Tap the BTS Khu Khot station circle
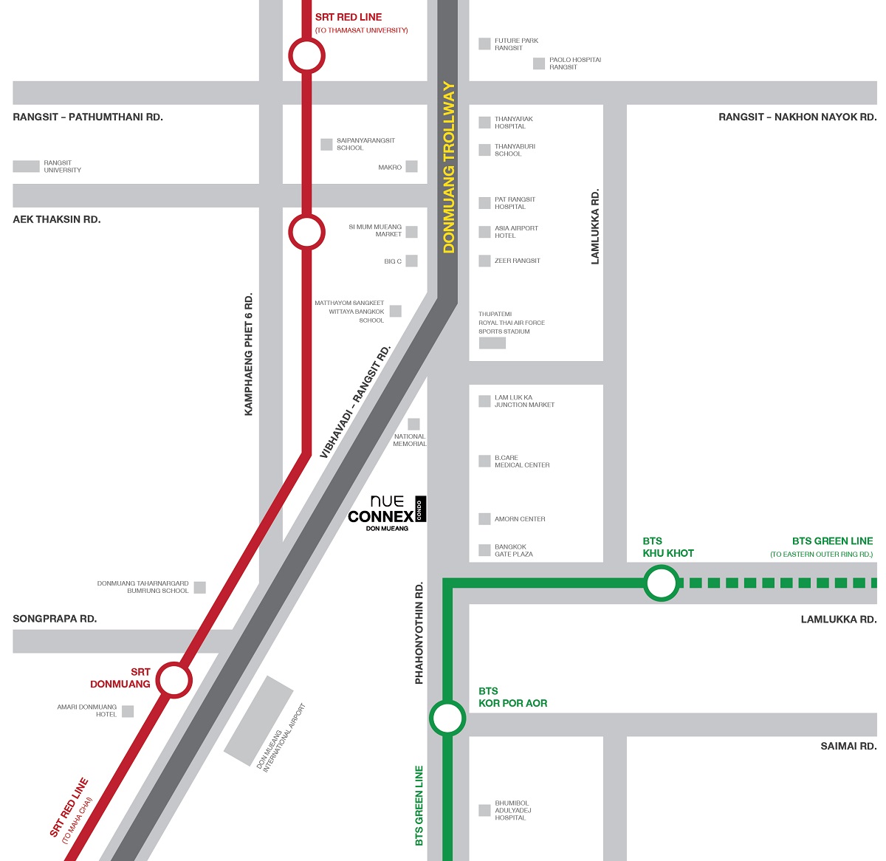[662, 583]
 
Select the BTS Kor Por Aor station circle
[447, 718]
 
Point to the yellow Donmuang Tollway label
[449, 168]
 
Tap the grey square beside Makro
[411, 167]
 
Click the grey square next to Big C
[411, 261]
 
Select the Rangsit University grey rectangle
[26, 167]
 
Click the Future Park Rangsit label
[516, 44]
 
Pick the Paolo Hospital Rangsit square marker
[539, 64]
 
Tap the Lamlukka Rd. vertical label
[595, 227]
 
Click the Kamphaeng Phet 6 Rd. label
[249, 354]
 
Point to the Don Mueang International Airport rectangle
[258, 720]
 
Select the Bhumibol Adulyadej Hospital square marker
[484, 810]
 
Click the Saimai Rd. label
[848, 747]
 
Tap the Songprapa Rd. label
[55, 619]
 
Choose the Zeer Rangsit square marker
[484, 261]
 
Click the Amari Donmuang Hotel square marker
[128, 711]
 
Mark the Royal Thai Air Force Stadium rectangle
[492, 343]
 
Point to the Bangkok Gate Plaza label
[513, 551]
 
